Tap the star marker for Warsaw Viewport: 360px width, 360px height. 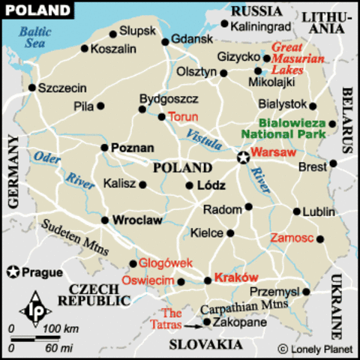point(242,157)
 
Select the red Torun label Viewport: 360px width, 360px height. point(183,117)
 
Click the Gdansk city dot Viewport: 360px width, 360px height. point(165,39)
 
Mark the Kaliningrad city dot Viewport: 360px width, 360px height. point(225,24)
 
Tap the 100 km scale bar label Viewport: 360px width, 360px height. point(61,329)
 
